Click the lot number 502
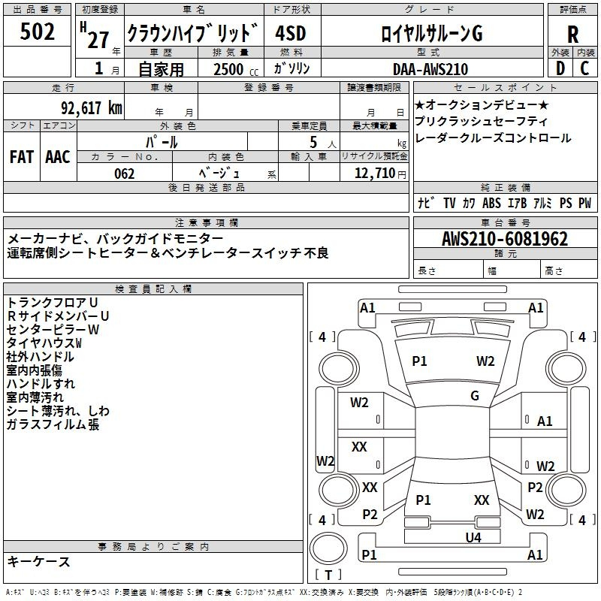pos(37,32)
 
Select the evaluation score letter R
pos(572,34)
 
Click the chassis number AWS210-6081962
pos(504,239)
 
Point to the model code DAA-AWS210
pos(430,69)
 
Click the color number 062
pos(125,174)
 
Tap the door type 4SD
pos(291,34)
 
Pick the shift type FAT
pos(22,156)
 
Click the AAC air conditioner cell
pos(58,156)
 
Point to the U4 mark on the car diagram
pos(473,537)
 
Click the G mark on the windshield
pos(475,396)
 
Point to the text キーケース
pos(39,561)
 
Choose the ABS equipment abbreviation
pos(491,203)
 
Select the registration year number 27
pos(98,39)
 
